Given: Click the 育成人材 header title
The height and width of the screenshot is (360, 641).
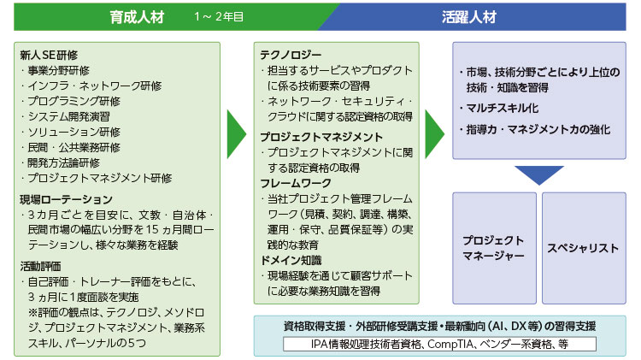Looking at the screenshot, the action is (137, 17).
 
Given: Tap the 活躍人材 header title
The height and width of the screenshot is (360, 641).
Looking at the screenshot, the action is (469, 17).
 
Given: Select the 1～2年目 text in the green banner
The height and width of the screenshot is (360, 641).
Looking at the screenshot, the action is (219, 17).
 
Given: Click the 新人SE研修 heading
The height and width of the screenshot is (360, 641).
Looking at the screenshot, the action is (49, 55).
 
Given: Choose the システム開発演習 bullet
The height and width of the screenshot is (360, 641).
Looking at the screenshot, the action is (66, 116).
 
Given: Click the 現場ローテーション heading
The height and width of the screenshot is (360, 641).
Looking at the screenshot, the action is (66, 199).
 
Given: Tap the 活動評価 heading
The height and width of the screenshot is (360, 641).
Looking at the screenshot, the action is (40, 266).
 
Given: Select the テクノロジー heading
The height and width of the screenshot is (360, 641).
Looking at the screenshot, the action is (291, 55).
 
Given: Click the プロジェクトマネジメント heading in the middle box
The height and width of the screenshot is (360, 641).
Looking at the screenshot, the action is (321, 137).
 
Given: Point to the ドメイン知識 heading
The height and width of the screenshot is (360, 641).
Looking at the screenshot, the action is (291, 260).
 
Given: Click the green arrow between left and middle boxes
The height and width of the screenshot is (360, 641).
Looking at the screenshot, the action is (237, 133).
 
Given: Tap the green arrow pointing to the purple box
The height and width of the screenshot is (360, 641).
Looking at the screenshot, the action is (434, 133).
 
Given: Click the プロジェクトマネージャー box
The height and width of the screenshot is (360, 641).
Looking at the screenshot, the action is (494, 248).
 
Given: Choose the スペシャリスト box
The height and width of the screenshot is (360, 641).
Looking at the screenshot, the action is (584, 248).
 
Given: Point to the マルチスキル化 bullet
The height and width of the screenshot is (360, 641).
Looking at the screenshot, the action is (499, 109).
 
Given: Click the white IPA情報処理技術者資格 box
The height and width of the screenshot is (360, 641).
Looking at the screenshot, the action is (439, 344).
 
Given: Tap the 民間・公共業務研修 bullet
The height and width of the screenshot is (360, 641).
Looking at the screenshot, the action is (71, 147).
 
